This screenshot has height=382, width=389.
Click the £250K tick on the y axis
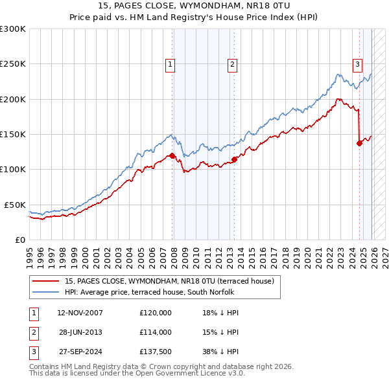tap(13, 64)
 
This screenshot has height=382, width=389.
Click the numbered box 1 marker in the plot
tap(170, 64)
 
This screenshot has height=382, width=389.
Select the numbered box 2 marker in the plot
tap(231, 64)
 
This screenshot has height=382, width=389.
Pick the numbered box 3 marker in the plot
tap(357, 64)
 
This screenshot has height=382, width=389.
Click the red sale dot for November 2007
tap(172, 155)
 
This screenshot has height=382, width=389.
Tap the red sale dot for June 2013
tap(234, 159)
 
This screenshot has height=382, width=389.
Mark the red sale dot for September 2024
tap(359, 143)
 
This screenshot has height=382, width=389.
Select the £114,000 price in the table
tap(156, 332)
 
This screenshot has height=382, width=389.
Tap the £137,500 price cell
tap(156, 352)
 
